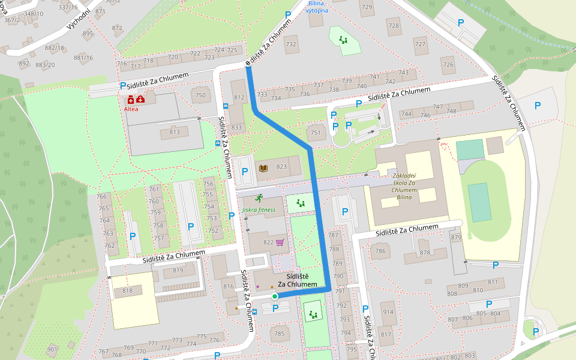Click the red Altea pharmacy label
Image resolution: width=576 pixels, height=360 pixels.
point(131,109)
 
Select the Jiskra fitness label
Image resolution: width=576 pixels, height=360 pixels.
point(259,210)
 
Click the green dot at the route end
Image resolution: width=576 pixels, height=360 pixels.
point(275,296)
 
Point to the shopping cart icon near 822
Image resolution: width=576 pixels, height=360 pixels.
point(280,242)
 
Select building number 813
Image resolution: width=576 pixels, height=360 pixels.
point(175,132)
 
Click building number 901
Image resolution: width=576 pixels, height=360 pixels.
point(52,349)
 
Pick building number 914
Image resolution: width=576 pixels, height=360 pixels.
point(388,312)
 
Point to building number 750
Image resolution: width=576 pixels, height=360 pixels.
point(200,95)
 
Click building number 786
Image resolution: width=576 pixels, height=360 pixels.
point(380,251)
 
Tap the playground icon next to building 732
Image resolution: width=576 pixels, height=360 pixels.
point(344,41)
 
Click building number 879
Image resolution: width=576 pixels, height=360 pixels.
point(456,238)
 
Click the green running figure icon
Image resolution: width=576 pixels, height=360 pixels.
point(259,199)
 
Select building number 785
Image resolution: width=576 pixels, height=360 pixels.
point(279,334)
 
